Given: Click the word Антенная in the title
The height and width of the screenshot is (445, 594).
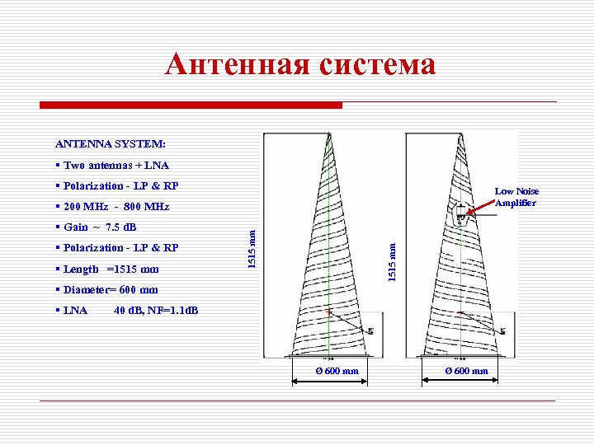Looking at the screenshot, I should (236, 64).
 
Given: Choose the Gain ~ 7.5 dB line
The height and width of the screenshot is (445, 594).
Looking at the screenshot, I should (99, 227).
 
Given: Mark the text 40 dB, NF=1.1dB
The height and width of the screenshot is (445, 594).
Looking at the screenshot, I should (156, 311).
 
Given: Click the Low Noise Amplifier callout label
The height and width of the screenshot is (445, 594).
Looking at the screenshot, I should (516, 197).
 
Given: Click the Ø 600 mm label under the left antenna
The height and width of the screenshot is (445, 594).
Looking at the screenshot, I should (337, 371).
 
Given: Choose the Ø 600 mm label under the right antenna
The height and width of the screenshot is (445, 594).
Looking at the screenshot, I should (467, 371).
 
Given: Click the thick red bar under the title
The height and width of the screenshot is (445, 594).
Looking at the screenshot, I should (191, 105).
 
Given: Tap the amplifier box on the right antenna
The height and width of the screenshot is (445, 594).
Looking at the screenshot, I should (459, 214).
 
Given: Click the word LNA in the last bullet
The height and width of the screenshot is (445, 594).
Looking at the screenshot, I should (76, 311).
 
